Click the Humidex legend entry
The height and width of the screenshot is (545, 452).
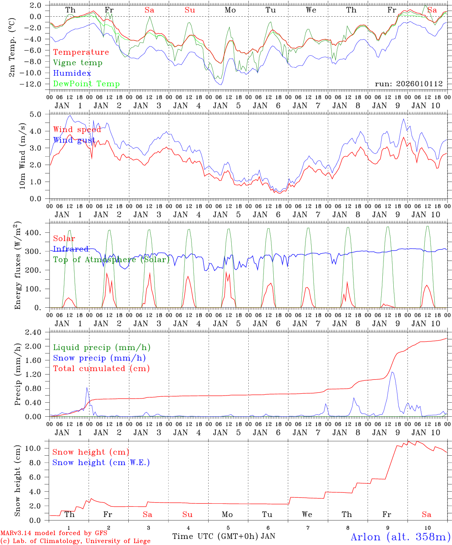[72, 73]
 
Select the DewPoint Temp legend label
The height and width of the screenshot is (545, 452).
[86, 84]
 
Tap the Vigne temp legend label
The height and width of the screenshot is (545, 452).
[78, 63]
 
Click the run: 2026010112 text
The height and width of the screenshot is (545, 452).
[408, 84]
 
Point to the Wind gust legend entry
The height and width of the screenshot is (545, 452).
[74, 140]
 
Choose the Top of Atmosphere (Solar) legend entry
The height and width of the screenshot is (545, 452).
[111, 260]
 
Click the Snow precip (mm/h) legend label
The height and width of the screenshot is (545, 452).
[99, 358]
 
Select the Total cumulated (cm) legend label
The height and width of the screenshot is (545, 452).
[101, 369]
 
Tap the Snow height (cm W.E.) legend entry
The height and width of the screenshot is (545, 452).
[101, 462]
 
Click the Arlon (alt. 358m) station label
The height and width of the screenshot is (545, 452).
[401, 537]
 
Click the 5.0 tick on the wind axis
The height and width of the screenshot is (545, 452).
[35, 114]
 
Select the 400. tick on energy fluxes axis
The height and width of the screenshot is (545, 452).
[33, 233]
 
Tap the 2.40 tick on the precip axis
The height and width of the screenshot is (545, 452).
[33, 332]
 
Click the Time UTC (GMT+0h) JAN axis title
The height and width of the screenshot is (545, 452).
[224, 536]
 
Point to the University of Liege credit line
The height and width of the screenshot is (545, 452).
[75, 541]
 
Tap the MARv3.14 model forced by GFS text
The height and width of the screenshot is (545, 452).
[54, 533]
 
